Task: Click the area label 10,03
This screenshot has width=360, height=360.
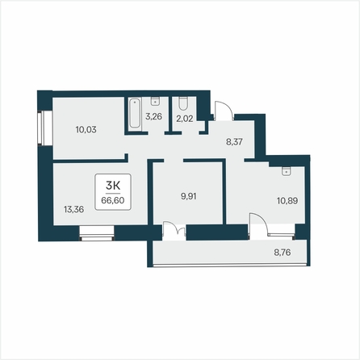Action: (x=86, y=130)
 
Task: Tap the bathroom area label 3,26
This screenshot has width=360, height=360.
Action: (x=153, y=116)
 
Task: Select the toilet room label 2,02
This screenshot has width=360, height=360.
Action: (x=185, y=119)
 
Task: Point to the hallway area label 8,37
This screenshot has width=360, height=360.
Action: (x=234, y=142)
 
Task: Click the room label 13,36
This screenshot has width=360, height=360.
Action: (x=73, y=209)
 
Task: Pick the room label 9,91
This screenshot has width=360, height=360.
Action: (x=189, y=196)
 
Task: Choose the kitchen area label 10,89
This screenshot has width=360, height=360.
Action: (x=287, y=201)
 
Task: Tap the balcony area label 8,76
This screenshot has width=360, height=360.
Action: (x=283, y=253)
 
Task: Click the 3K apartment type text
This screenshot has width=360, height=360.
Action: (x=113, y=186)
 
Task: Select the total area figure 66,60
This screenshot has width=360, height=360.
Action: (x=113, y=200)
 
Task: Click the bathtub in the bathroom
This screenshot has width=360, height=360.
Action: (x=135, y=113)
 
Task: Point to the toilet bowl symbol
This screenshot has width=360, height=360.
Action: (x=183, y=103)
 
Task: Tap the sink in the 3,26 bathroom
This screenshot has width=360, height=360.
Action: (x=155, y=101)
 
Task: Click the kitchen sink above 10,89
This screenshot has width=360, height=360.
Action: (x=286, y=171)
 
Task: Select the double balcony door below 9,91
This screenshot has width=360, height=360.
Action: (x=174, y=231)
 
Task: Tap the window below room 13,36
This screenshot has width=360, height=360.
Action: (x=97, y=233)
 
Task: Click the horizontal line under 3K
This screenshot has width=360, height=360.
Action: (x=113, y=193)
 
